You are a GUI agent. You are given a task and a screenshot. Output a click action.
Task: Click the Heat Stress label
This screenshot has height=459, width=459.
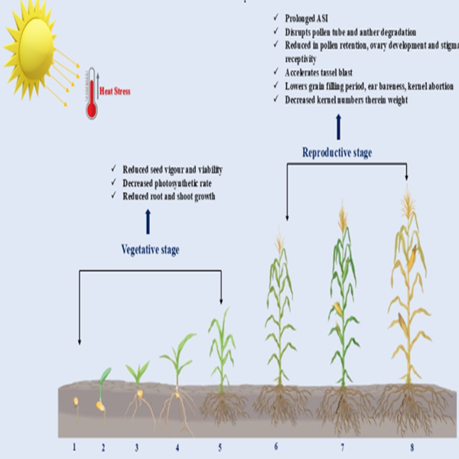116,92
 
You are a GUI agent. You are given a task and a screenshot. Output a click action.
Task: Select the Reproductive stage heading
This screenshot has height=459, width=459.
337,153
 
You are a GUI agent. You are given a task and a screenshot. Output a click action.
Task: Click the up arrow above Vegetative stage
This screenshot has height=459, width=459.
148,222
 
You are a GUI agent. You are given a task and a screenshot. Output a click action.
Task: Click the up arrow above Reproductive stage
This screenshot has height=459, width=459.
337,126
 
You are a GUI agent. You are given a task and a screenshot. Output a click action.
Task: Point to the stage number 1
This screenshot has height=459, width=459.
74,445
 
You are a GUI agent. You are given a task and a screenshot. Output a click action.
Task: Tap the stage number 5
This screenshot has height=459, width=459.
220,445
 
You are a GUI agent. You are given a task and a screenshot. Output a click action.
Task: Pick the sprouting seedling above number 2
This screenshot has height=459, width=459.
102,390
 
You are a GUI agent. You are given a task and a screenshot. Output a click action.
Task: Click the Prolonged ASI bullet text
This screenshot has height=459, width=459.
300,17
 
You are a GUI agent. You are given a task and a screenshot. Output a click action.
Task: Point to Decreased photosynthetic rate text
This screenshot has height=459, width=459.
171,183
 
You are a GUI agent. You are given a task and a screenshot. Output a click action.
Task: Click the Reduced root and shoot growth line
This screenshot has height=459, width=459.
170,196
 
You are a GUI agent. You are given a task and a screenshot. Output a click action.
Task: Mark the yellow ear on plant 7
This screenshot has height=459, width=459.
337,308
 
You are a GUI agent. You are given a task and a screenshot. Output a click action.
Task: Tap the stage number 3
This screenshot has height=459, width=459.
137,445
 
